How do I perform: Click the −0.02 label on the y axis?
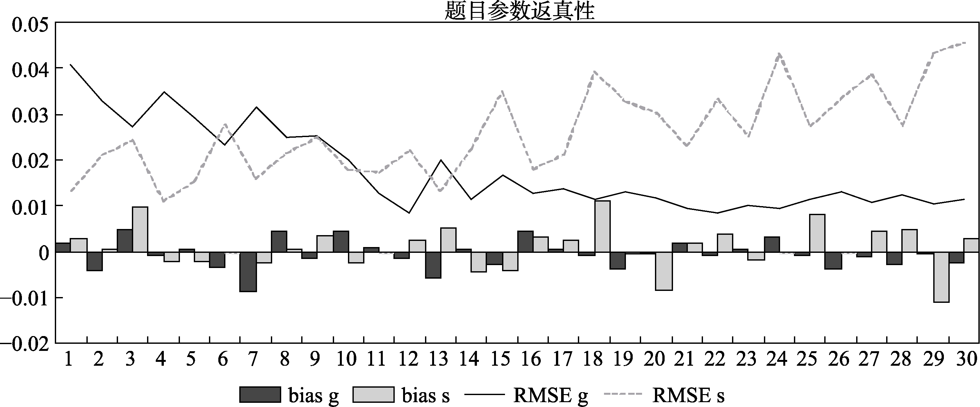click(25, 344)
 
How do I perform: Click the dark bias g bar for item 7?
click(248, 272)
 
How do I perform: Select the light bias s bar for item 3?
click(140, 229)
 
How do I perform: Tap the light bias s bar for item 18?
click(602, 226)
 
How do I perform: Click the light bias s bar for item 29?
click(941, 277)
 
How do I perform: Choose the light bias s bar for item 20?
click(664, 271)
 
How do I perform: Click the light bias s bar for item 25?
click(817, 233)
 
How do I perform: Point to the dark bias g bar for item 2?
click(94, 261)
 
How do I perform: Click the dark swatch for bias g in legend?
click(260, 395)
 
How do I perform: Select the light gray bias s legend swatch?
click(373, 395)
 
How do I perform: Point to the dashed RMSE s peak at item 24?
click(777, 55)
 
